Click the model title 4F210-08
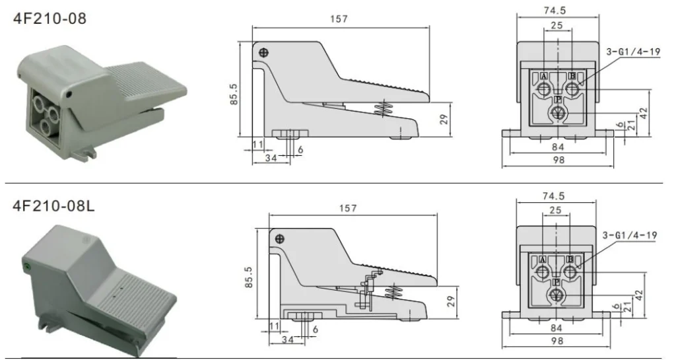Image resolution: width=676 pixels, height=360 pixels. pyautogui.click(x=50, y=18)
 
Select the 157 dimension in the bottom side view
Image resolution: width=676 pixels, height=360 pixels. pyautogui.click(x=349, y=208)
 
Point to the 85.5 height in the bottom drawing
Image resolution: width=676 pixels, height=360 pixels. pyautogui.click(x=248, y=273)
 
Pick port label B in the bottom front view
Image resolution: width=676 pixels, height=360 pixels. pyautogui.click(x=570, y=259)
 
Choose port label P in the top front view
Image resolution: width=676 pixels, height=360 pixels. pyautogui.click(x=558, y=100)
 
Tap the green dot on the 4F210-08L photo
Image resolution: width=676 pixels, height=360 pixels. pyautogui.click(x=27, y=266)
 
